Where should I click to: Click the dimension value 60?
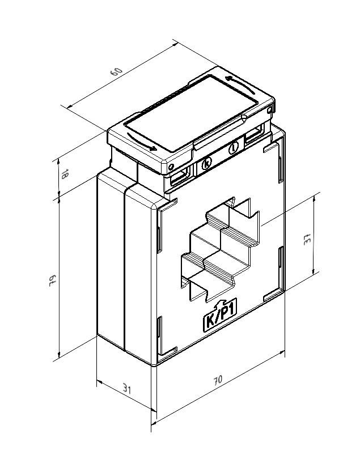[116, 72]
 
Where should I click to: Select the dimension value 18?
[64, 175]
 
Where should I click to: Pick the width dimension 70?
[218, 380]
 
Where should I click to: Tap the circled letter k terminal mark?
[206, 164]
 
